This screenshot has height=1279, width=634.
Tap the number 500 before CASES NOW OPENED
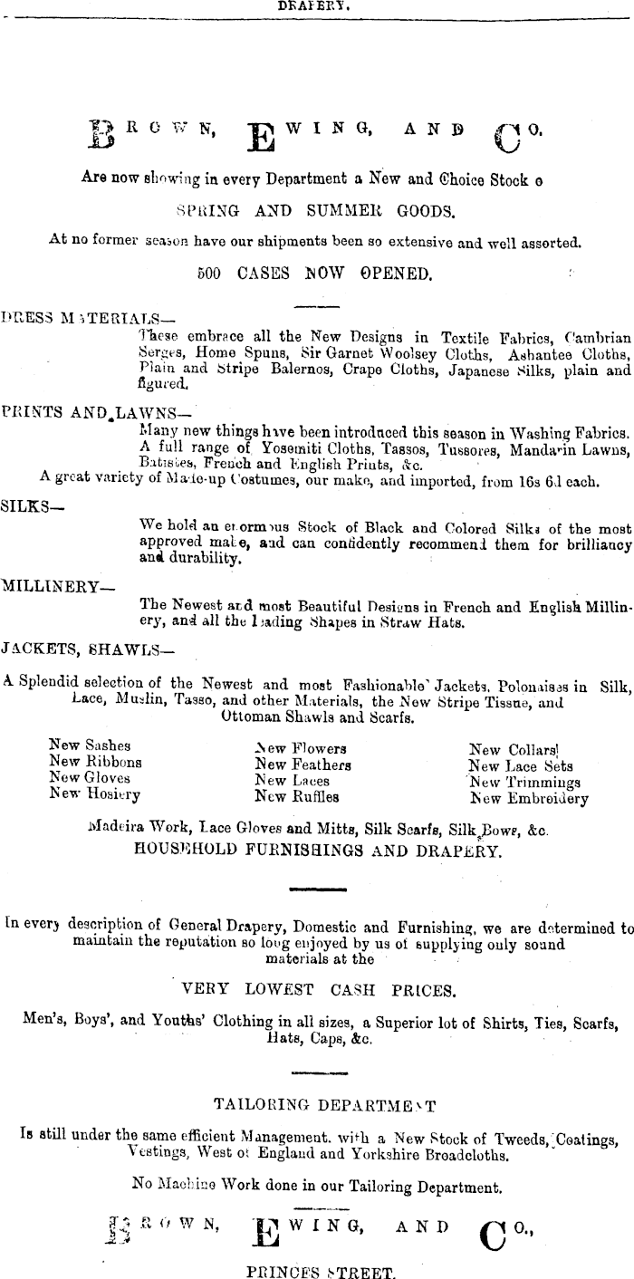pos(210,272)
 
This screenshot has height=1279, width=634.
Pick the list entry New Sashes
pos(90,745)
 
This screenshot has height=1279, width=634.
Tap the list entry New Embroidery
pos(529,799)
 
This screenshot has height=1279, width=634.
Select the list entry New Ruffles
pos(296,797)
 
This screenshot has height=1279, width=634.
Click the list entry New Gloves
pos(89,777)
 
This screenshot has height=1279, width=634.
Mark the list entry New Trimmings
pos(525,782)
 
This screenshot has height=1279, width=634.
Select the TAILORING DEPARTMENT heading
pos(324,1104)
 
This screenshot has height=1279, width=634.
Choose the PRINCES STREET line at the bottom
pos(321,1272)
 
